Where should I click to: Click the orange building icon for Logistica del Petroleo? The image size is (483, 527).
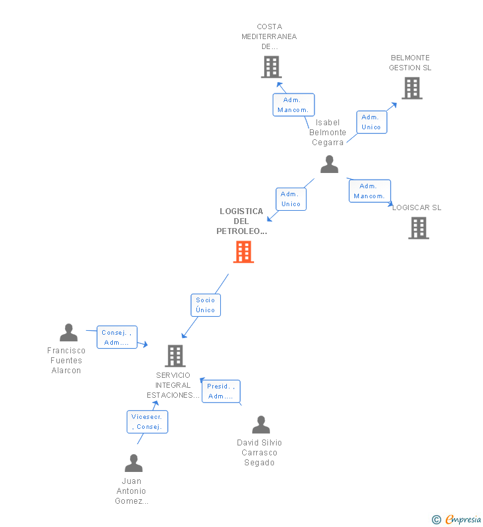[x=243, y=252]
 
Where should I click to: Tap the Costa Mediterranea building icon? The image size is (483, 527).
[x=271, y=67]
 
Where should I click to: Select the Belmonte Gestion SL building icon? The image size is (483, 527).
[x=411, y=88]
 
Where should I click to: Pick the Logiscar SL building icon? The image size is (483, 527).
[x=418, y=228]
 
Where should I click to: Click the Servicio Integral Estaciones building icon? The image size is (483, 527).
[x=174, y=356]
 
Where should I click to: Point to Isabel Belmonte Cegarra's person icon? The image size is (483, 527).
[x=329, y=164]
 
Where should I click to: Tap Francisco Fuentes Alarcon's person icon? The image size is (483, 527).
[x=68, y=333]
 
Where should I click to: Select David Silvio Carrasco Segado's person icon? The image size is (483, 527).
[x=261, y=424]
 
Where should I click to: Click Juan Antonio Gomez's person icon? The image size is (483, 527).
[x=133, y=463]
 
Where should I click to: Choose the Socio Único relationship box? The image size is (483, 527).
[x=206, y=305]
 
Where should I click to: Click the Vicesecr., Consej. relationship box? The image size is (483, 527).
[x=147, y=422]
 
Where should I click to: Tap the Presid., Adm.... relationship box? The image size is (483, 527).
[x=221, y=391]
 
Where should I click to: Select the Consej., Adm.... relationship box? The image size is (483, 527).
[x=117, y=337]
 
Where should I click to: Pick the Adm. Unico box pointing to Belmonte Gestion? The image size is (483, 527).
[x=372, y=122]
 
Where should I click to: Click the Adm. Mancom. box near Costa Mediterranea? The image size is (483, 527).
[x=293, y=105]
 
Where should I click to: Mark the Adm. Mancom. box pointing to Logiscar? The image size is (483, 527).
[x=370, y=191]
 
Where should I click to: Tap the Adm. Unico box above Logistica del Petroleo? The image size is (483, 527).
[x=291, y=199]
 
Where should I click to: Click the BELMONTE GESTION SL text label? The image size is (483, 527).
[x=410, y=63]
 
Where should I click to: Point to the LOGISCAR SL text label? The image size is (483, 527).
[x=417, y=207]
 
